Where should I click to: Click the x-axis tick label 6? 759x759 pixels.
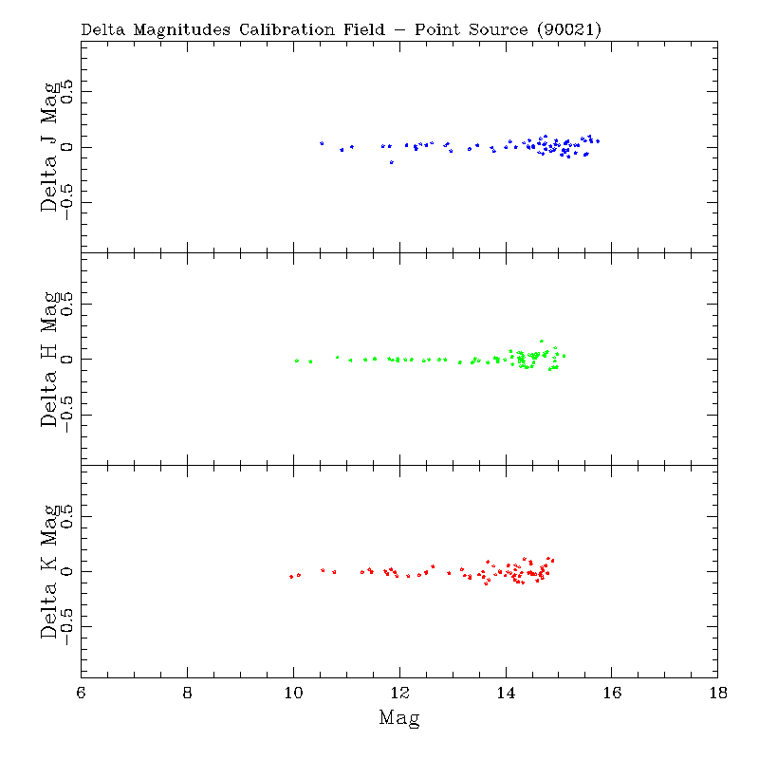82,693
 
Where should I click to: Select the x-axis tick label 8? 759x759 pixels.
188,693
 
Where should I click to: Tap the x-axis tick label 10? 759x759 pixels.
294,693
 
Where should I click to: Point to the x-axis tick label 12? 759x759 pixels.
399,693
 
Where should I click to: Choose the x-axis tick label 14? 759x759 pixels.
506,693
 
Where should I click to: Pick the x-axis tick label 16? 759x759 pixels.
612,693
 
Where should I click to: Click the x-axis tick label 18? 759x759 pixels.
718,693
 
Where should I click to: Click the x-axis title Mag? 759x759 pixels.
399,718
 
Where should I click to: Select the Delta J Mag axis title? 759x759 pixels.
50,147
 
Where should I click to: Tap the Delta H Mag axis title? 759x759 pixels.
50,359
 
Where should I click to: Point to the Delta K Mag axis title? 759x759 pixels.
50,571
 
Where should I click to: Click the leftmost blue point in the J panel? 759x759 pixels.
322,143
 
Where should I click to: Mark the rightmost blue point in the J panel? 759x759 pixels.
598,141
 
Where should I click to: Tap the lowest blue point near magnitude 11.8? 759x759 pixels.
391,162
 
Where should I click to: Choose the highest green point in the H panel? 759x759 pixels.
542,341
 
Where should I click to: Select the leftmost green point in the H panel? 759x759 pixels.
297,361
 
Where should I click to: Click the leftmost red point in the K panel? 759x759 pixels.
291,577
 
